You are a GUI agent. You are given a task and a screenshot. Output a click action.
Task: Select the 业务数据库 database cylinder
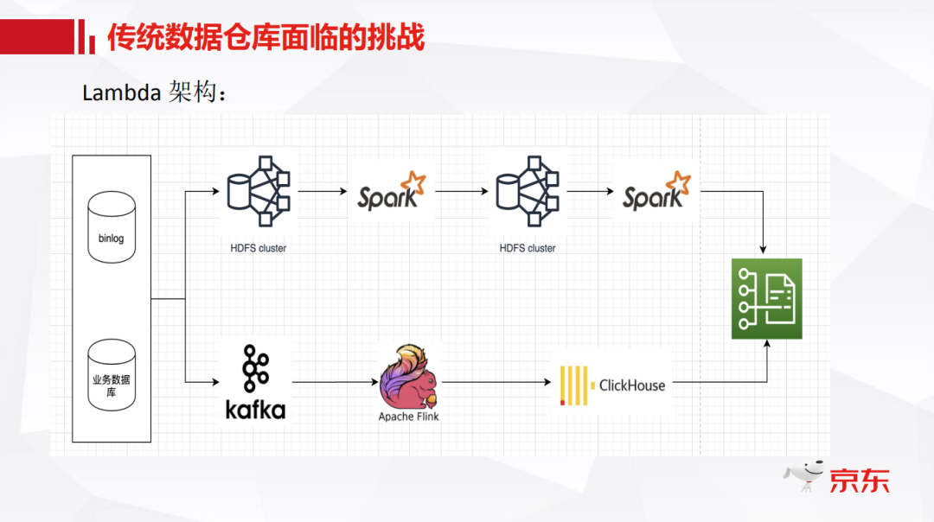(112, 375)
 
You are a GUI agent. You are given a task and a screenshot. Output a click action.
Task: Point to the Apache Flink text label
(408, 417)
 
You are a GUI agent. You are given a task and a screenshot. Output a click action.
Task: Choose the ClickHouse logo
(612, 385)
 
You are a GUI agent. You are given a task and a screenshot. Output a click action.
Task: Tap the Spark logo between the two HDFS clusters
(392, 192)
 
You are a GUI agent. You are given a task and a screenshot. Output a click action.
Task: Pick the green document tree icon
(766, 298)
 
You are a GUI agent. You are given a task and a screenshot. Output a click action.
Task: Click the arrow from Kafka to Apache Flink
(333, 381)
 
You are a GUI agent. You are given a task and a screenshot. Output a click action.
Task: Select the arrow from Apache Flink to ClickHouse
(497, 381)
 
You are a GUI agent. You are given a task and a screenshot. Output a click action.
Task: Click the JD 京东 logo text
(859, 481)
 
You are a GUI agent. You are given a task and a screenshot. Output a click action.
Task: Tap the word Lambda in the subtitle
(121, 92)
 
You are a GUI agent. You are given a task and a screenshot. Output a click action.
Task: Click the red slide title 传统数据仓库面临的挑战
(266, 37)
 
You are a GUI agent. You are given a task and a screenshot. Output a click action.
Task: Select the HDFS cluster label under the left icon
(258, 248)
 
